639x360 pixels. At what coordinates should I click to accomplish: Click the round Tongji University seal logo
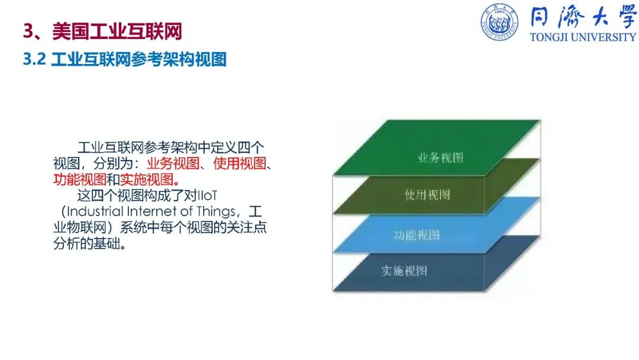pos(499,22)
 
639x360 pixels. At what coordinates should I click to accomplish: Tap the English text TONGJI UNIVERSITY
pos(583,37)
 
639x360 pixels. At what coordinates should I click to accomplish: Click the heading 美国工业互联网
pos(117,31)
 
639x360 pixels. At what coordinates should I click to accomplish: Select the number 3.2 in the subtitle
pos(34,59)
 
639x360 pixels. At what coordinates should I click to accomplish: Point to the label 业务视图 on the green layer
pos(440,157)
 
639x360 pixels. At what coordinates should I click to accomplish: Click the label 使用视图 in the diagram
pos(427,194)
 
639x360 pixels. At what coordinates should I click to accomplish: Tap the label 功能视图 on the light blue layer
pos(417,235)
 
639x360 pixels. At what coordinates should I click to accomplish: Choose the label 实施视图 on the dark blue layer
pos(404,271)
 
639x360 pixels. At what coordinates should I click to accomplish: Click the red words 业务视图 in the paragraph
pos(173,163)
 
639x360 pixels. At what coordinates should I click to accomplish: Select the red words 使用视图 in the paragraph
pos(240,163)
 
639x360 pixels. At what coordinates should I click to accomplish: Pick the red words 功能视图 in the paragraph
pos(80,179)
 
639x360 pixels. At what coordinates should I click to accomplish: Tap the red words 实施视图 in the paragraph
pos(147,179)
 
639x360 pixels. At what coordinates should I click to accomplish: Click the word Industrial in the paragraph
pos(95,211)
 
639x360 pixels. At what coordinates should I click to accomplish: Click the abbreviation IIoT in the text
pos(207,195)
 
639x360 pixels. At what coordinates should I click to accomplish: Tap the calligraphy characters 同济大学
pos(583,17)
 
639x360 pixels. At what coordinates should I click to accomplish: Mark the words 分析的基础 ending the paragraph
pos(87,243)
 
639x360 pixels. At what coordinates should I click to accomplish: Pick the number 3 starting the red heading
pos(28,31)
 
